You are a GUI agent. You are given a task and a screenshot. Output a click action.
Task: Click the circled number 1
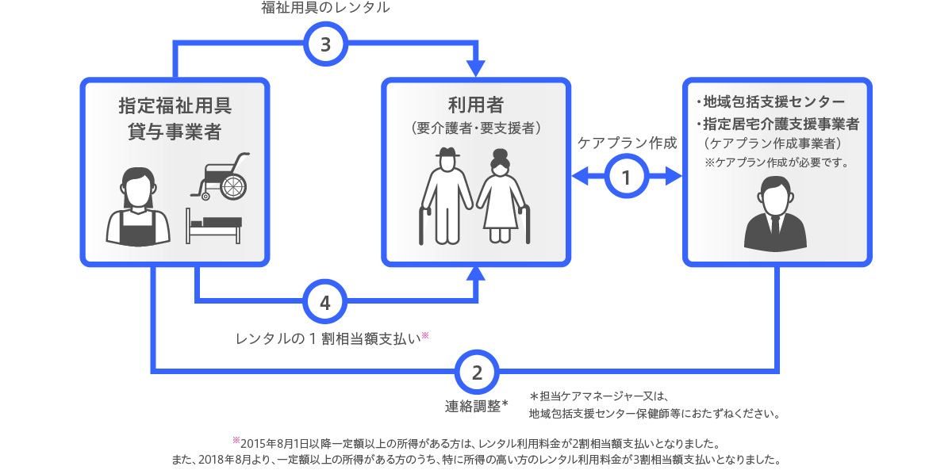point(627,178)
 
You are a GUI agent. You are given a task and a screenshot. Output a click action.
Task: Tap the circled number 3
point(325,44)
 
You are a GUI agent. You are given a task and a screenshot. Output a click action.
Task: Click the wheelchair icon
point(220,177)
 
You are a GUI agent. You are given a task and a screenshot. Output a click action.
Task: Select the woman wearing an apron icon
point(138,208)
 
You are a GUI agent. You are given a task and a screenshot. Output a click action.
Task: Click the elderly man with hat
point(443,195)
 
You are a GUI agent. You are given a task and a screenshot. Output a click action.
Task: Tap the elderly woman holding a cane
point(501,198)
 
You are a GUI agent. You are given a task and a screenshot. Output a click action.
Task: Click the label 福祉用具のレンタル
point(325,9)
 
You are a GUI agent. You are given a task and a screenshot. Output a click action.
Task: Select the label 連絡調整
point(476,406)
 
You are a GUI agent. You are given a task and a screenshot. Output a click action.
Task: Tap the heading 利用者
point(476,105)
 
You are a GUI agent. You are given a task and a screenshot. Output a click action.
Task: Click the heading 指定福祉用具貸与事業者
point(175,118)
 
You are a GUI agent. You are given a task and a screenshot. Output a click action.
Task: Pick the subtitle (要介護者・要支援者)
point(476,127)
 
